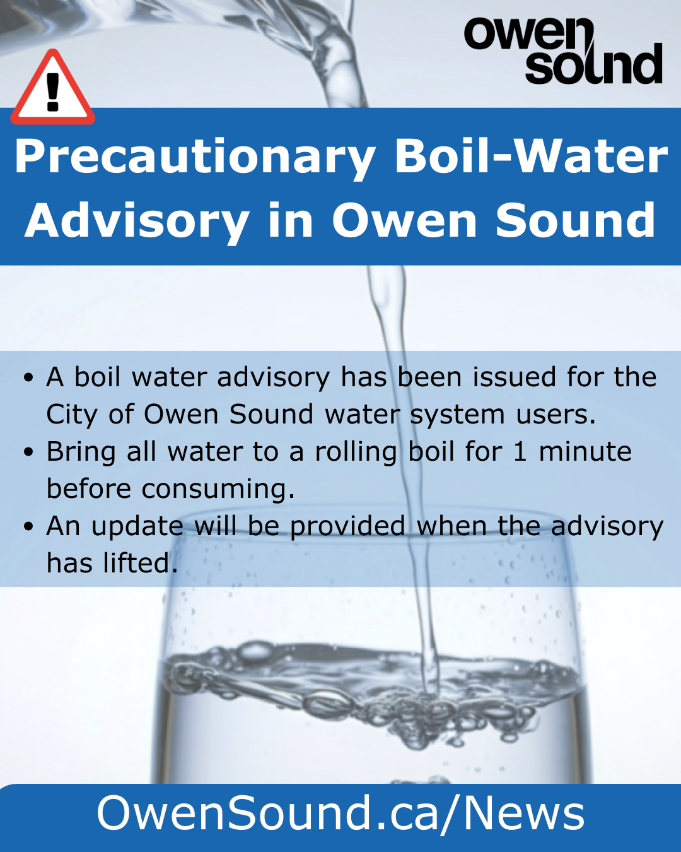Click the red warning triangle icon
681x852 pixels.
(52, 89)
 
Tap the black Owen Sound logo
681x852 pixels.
(563, 50)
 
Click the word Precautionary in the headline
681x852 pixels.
(195, 157)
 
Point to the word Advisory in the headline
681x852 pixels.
(137, 221)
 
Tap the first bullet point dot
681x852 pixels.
(28, 377)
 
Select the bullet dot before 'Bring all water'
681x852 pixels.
(28, 451)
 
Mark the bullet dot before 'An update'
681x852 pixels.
(28, 526)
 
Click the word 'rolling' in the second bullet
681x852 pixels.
(356, 452)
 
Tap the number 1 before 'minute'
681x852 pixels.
(520, 451)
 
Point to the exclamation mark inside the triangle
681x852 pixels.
(52, 93)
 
